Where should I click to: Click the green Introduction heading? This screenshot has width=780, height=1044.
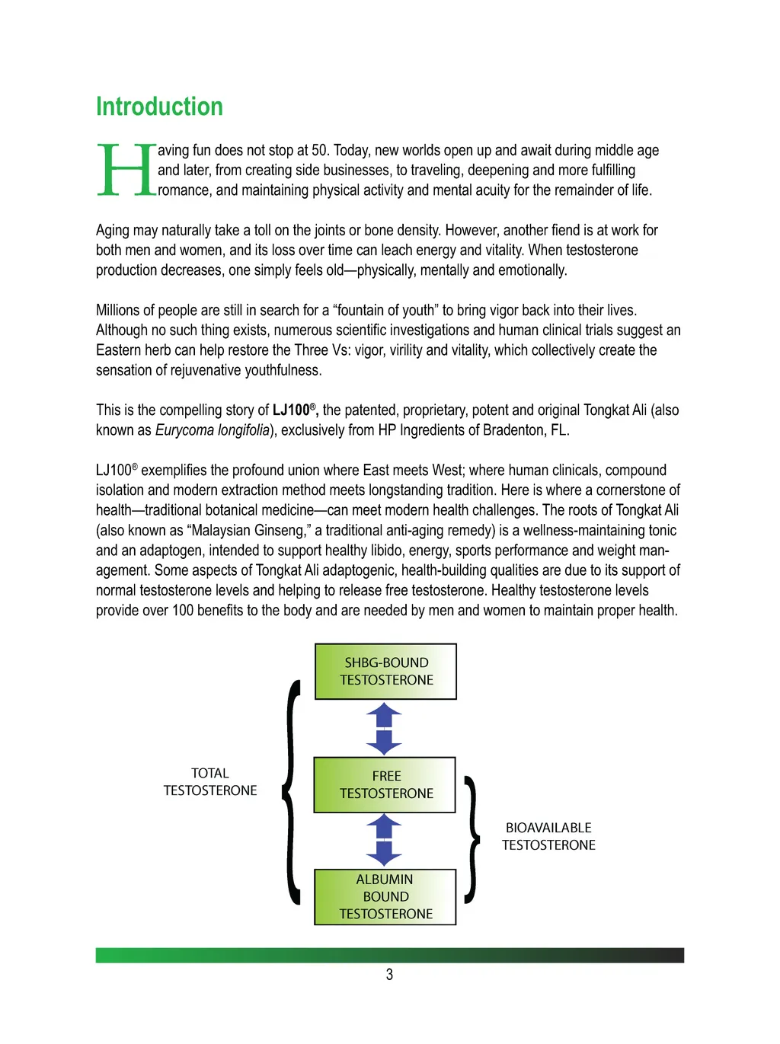coord(159,107)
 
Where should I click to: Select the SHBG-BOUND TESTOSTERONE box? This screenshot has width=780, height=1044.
coord(385,672)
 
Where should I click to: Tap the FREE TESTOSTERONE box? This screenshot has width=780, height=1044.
coord(385,785)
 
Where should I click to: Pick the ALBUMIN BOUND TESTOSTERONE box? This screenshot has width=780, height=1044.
coord(385,897)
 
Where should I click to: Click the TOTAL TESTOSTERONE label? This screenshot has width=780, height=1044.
coord(210,782)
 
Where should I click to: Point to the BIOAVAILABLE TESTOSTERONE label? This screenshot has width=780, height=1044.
coord(548,836)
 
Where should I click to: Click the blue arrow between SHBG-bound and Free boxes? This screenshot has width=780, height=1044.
coord(384,729)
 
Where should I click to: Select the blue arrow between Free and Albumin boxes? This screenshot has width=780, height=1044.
coord(384,841)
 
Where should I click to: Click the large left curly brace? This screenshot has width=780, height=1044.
coord(291,792)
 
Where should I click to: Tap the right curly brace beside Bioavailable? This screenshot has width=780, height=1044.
coord(473,840)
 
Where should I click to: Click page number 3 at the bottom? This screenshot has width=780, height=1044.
coord(389,975)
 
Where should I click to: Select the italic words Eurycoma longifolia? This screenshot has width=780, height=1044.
coord(213,430)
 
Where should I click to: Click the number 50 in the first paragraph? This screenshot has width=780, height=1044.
coord(320,151)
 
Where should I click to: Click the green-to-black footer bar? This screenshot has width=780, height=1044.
coord(389,955)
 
